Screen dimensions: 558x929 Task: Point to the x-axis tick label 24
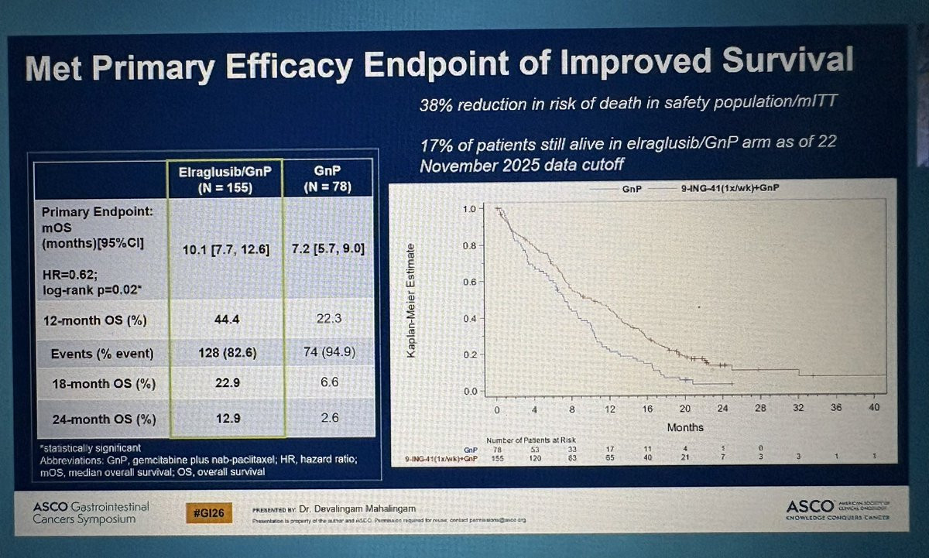pos(722,409)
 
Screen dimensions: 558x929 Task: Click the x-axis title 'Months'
pos(685,427)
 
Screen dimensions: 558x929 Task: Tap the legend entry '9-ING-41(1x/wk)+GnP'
pos(708,188)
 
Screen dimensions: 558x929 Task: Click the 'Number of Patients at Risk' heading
pos(530,440)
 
